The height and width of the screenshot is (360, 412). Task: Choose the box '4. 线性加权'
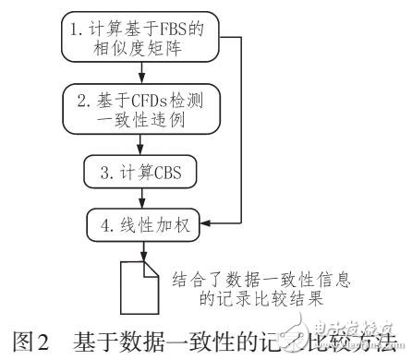pos(141,223)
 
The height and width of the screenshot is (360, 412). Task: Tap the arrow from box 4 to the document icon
pos(140,249)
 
